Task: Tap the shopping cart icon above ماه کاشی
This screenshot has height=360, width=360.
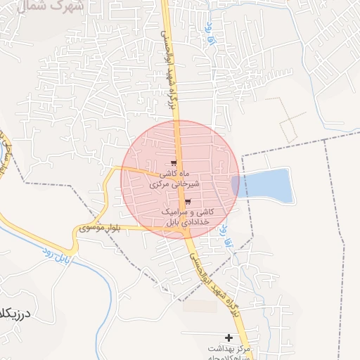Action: (174, 164)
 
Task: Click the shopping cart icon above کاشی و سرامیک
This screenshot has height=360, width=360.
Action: (186, 202)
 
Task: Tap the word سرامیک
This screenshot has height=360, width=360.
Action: (174, 212)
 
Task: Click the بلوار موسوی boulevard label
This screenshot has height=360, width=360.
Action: (100, 227)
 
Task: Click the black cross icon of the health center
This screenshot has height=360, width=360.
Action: (229, 338)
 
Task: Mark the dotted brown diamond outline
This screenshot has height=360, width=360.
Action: (292, 119)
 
